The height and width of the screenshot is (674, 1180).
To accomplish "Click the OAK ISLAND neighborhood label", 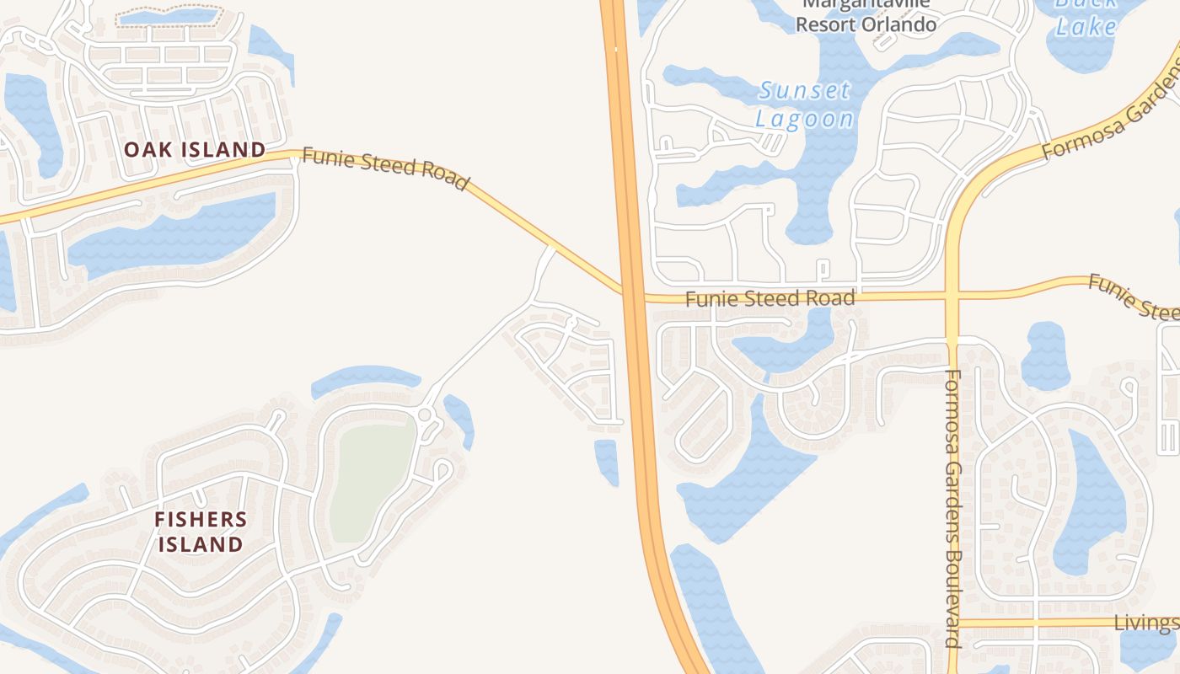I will pos(195,150).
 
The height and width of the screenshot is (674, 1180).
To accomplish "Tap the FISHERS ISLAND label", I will pos(201,532).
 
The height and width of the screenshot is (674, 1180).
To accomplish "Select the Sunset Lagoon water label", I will pos(804,104).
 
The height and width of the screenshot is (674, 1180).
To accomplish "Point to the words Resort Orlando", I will pos(866,24).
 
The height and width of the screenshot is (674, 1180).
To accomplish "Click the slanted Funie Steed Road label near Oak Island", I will pos(385,168).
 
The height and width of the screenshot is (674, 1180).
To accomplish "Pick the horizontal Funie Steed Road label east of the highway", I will pos(770,298).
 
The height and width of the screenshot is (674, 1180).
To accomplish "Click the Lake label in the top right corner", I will pos(1086,26).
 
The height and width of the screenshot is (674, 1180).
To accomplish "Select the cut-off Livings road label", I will pos(1146,623).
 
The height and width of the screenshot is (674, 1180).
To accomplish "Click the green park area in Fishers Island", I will pos(372,481).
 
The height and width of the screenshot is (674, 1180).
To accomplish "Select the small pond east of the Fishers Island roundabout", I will pos(459,417).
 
